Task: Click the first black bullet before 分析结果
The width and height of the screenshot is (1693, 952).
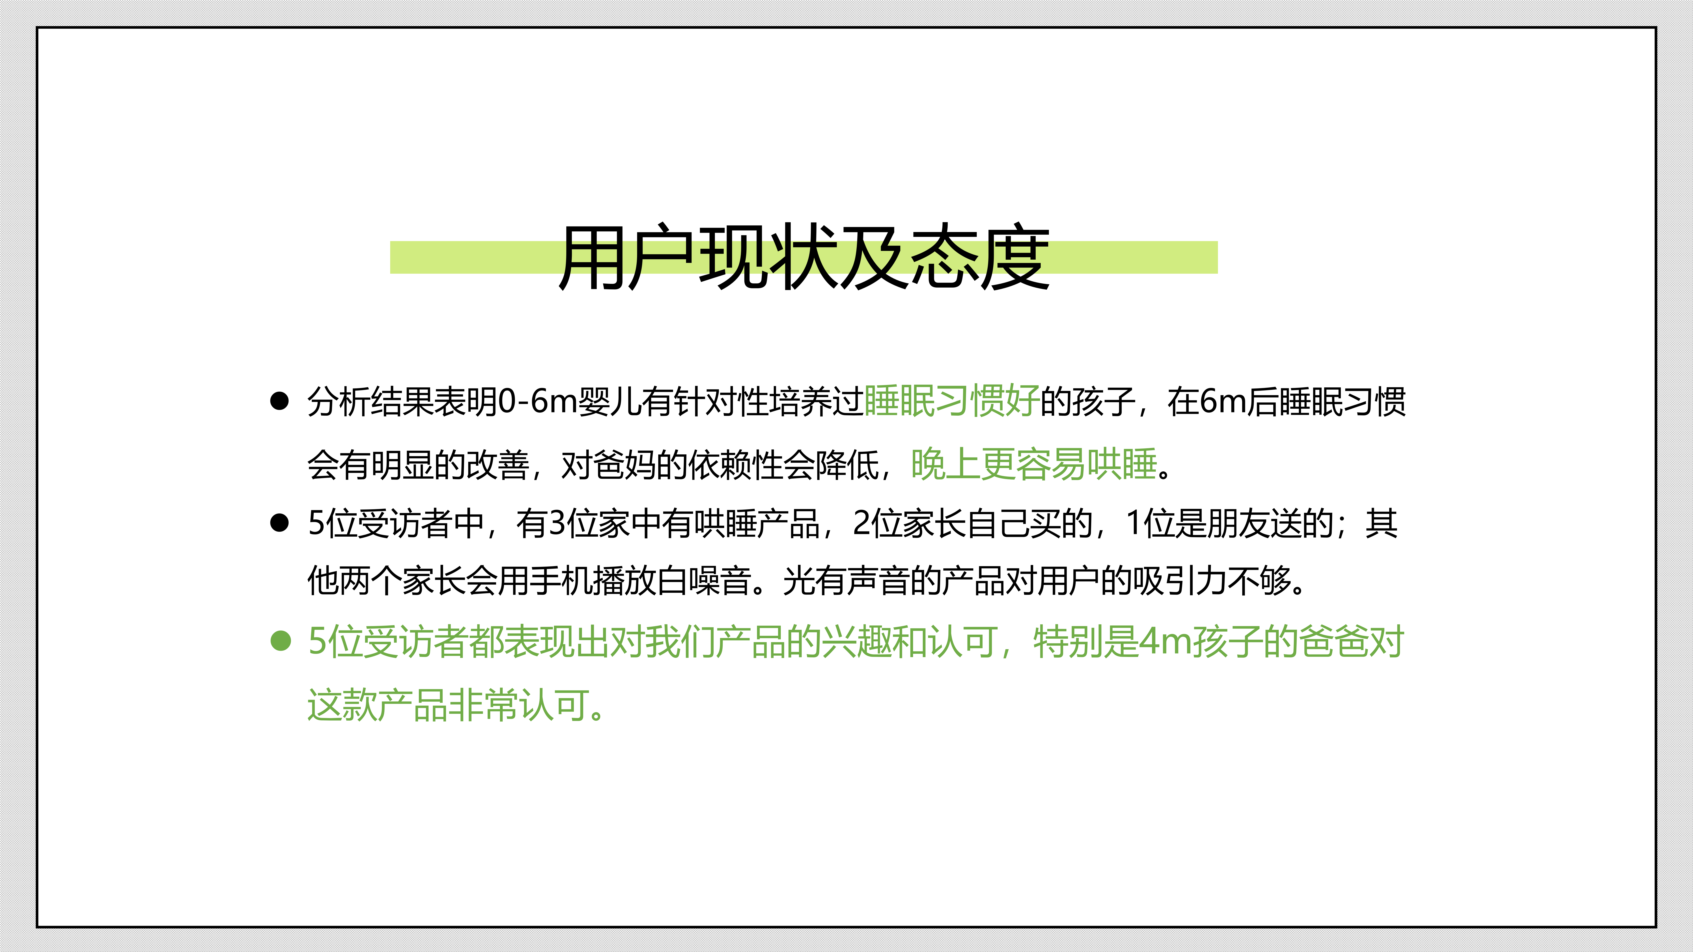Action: click(x=279, y=401)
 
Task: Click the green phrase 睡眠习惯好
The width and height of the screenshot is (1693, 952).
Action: click(x=952, y=401)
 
